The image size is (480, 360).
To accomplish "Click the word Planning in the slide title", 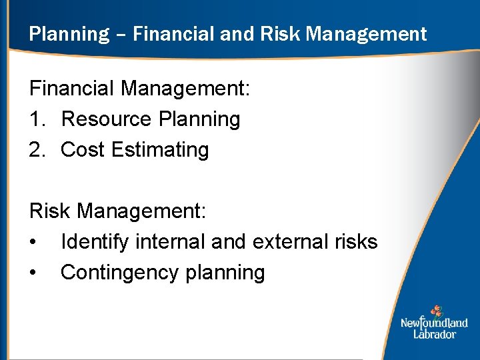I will click(69, 34).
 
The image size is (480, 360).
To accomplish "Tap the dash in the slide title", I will click(121, 35).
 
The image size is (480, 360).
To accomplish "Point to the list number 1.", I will click(37, 119).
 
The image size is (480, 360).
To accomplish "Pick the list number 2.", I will click(37, 150).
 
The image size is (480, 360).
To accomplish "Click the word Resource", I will click(106, 119).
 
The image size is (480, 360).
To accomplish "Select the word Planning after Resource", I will click(199, 120).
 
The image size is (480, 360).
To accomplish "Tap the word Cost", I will click(83, 150).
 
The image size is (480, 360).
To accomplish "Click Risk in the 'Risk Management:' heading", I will click(51, 211).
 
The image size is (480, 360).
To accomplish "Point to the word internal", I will click(171, 242).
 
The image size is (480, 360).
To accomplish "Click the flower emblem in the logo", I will click(436, 311).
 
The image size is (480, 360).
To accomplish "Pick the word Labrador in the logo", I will click(435, 333).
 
